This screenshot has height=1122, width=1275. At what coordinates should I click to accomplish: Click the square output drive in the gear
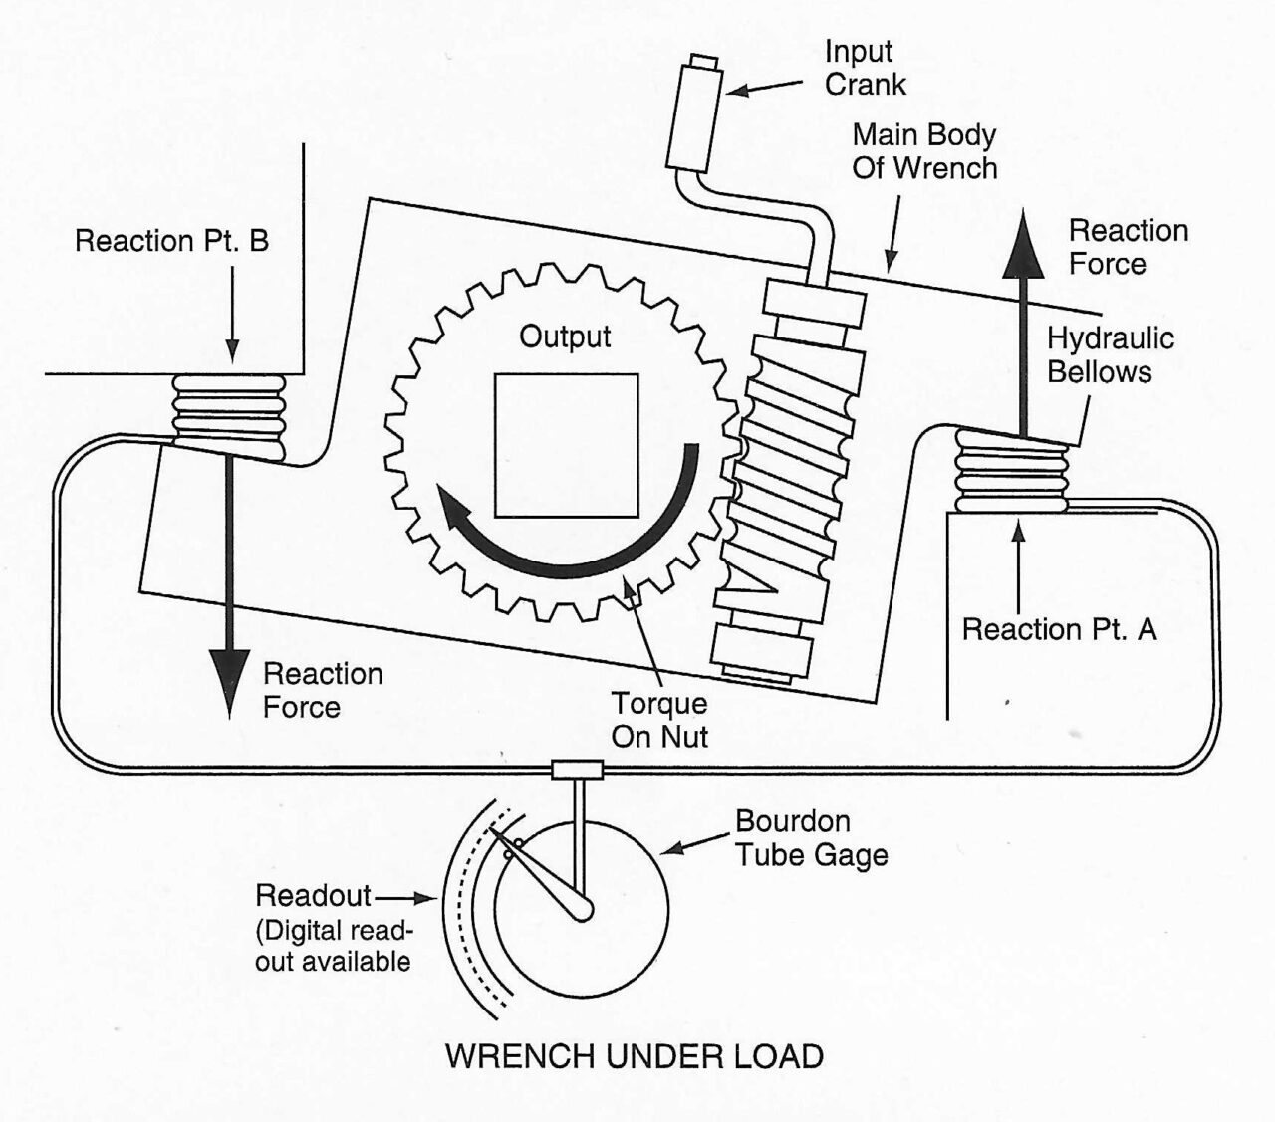tap(566, 445)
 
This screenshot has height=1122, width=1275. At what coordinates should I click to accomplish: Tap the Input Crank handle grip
tap(693, 116)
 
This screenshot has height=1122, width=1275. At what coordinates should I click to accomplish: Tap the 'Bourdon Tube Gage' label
tap(811, 838)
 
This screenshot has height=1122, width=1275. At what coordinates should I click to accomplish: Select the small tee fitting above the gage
tap(578, 769)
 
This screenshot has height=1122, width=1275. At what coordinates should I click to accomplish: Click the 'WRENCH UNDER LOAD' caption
tap(634, 1056)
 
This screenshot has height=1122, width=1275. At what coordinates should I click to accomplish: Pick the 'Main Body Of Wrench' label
tap(923, 151)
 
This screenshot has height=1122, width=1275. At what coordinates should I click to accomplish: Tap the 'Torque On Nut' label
tap(659, 720)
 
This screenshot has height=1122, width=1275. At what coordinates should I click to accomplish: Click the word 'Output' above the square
tap(565, 337)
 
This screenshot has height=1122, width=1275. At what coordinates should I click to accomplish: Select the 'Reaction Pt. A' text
tap(1059, 629)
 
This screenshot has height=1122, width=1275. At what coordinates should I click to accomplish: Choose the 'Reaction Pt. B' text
tap(171, 241)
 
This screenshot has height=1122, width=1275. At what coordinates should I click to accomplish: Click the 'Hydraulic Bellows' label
tap(1110, 355)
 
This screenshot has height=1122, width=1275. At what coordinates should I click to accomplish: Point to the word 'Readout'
tap(313, 895)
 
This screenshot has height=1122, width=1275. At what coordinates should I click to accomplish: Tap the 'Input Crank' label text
tap(865, 68)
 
